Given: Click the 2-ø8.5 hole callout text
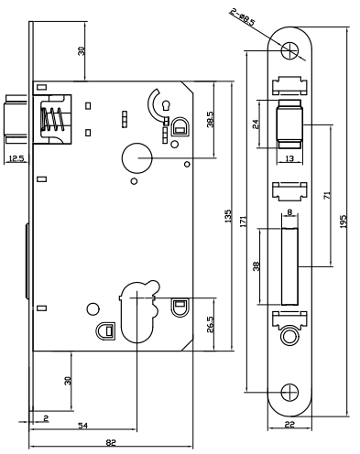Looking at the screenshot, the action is (243, 18).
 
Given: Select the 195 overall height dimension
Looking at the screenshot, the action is (344, 222).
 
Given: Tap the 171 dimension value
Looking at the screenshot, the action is (243, 222).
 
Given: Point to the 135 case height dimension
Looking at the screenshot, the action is (228, 216).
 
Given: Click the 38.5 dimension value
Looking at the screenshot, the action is (211, 119).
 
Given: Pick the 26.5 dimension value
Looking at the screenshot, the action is (211, 324).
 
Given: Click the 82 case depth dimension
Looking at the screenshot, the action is (111, 442).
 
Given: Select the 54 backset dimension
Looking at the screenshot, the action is (83, 425).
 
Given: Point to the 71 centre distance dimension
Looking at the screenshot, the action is (327, 195).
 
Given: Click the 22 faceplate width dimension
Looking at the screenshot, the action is (289, 425).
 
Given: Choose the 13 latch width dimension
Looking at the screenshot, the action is (289, 158).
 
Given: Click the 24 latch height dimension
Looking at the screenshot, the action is (256, 124).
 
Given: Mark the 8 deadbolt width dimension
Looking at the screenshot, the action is (289, 211).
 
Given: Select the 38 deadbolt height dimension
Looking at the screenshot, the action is (256, 266).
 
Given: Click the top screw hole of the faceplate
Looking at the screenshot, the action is (289, 50).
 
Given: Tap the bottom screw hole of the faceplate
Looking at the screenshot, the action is (289, 392).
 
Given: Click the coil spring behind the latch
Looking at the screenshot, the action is (54, 119).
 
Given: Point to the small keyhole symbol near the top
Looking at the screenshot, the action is (167, 105).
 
